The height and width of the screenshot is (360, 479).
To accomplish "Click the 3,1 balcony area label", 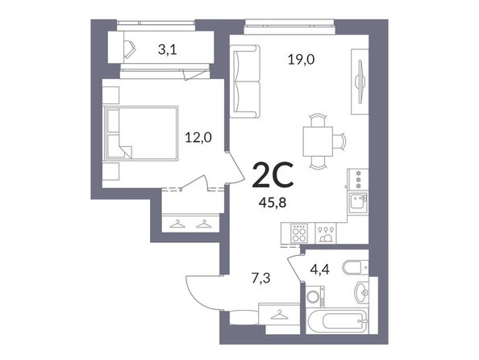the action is pos(168,49).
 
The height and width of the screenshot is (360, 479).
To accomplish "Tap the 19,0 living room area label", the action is pos(302,60).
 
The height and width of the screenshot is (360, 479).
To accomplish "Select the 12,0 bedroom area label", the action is pos(198,138).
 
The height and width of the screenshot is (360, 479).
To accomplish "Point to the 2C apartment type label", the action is pos(273,175).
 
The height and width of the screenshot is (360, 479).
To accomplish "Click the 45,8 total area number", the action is pos(273,203).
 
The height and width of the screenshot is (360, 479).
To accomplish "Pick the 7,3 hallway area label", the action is pos(261,279).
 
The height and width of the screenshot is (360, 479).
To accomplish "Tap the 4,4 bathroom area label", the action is pos(319,270).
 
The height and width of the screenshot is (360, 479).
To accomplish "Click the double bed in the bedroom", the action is pos(141,133).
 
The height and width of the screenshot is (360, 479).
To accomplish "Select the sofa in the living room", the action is pos(244,82).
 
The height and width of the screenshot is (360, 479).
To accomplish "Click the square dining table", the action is pos(318,141).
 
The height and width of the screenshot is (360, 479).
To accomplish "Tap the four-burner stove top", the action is pos(299,233).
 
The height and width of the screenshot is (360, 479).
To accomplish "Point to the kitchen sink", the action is pos(359,202).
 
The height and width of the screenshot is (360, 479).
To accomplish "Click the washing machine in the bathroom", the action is pos(315,296).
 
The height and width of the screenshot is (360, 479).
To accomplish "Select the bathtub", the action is pos(336,321).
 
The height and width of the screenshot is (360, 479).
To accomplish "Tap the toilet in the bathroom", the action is pos(355,268).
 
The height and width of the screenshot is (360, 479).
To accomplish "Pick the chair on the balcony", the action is pos(130,49).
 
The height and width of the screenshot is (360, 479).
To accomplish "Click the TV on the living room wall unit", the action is pos(360,82).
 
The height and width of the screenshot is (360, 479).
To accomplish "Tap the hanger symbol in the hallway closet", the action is pos(278,315).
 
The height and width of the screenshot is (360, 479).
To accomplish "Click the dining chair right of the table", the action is pos(339,141).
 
